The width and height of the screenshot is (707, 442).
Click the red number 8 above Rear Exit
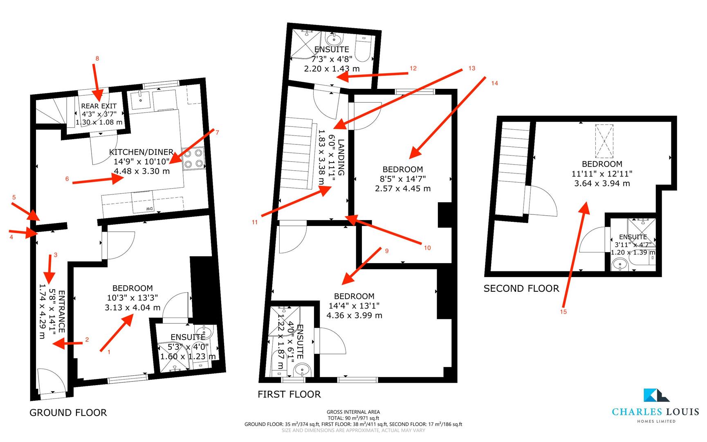[x=97, y=59]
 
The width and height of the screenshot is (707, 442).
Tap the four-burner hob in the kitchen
[x=194, y=158]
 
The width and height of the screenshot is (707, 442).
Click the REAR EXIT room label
[x=99, y=106]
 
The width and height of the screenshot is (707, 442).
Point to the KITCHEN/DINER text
[x=141, y=152]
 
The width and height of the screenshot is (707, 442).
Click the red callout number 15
[x=563, y=311]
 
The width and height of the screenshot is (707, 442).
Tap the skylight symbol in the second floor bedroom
[x=604, y=141]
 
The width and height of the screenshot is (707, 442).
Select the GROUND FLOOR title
[x=68, y=413]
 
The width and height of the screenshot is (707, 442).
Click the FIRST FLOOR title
[x=289, y=394]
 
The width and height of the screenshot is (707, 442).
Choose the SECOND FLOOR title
[x=521, y=289]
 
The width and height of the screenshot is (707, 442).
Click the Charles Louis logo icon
[x=656, y=395]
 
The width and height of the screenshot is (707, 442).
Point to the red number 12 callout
[x=413, y=68]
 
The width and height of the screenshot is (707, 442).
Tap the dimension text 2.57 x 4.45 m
[x=402, y=189]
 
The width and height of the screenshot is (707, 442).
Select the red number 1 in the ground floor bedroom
[x=109, y=352]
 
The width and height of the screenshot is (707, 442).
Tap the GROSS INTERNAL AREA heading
[x=353, y=412]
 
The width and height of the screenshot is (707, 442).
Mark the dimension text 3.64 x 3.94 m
[x=602, y=183]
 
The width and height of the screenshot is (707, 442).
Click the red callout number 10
[x=427, y=248]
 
